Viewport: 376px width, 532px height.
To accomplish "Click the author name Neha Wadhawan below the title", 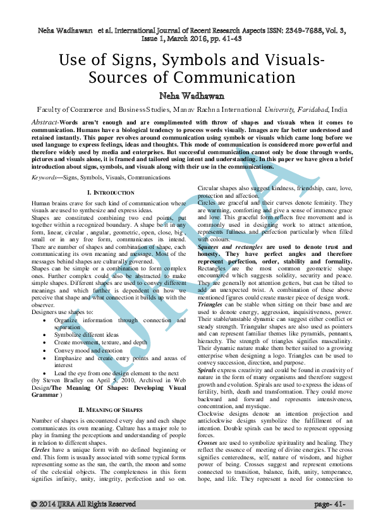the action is [x=188, y=95].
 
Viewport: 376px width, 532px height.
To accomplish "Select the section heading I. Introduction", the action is [x=111, y=191].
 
